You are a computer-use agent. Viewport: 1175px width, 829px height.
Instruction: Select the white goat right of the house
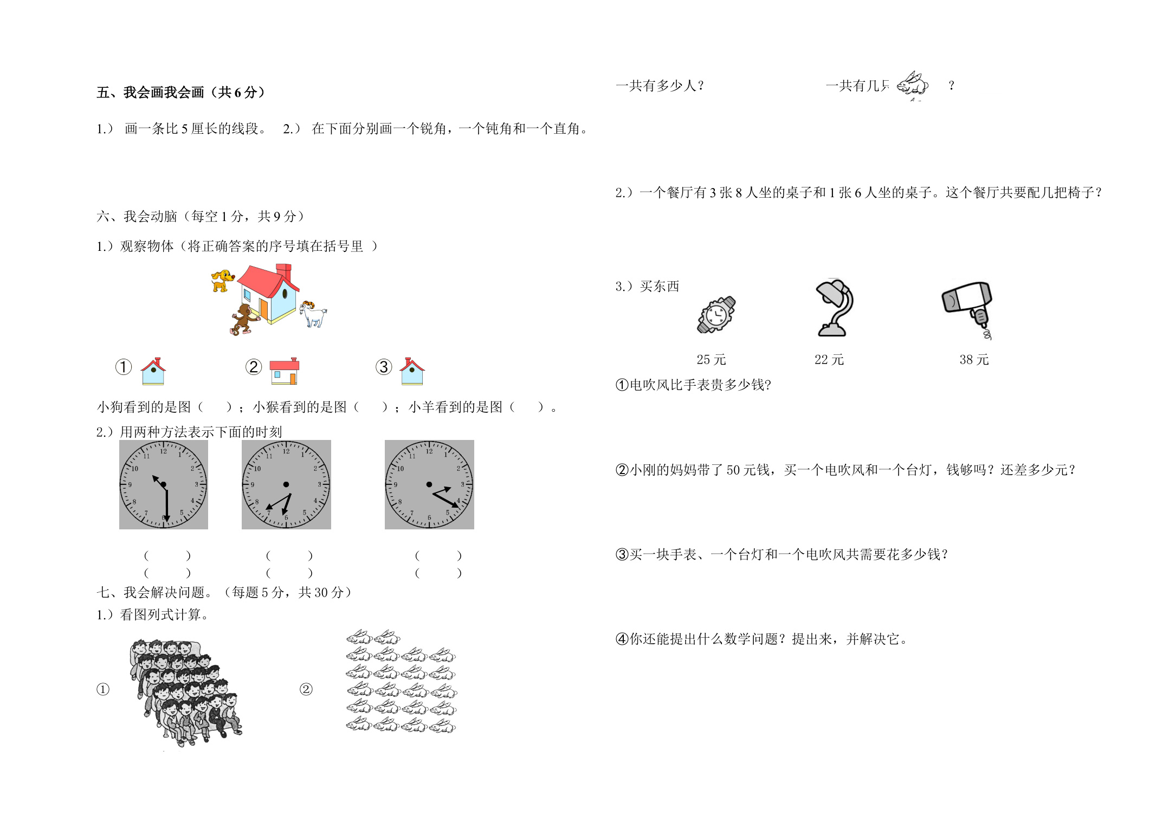pyautogui.click(x=313, y=314)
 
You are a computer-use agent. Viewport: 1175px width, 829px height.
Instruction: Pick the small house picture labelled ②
pyautogui.click(x=284, y=371)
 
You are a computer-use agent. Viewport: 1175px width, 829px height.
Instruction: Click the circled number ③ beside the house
pyautogui.click(x=384, y=367)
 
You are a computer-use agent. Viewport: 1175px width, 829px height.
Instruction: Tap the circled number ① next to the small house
pyautogui.click(x=124, y=367)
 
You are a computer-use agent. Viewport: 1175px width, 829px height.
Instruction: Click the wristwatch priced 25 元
pyautogui.click(x=716, y=314)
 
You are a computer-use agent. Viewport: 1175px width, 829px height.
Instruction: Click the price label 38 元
pyautogui.click(x=974, y=360)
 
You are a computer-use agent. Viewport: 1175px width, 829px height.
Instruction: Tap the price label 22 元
pyautogui.click(x=829, y=360)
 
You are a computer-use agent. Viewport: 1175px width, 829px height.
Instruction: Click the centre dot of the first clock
pyautogui.click(x=164, y=484)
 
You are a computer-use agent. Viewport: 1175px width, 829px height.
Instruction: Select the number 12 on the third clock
pyautogui.click(x=429, y=451)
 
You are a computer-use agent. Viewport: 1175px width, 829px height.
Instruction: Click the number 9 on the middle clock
pyautogui.click(x=253, y=485)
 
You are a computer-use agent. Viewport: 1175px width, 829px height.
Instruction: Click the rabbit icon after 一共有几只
pyautogui.click(x=913, y=85)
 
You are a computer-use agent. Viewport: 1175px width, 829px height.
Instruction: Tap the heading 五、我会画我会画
pyautogui.click(x=150, y=93)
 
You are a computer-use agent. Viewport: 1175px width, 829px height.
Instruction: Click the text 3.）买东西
pyautogui.click(x=647, y=286)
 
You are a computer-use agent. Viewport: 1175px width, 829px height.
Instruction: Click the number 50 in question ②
pyautogui.click(x=734, y=470)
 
